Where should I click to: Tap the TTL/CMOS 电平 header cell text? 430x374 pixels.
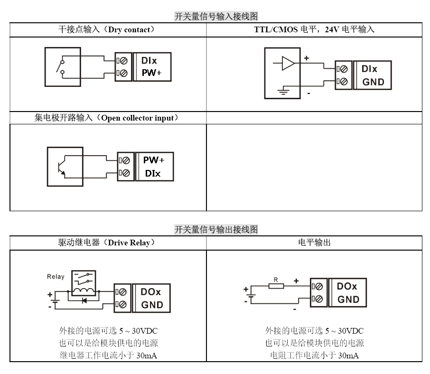(x=314, y=29)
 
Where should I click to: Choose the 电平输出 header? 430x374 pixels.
(x=314, y=243)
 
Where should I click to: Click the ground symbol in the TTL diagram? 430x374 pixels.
(x=283, y=91)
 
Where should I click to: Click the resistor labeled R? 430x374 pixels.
(x=276, y=286)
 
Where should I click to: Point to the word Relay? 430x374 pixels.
(x=56, y=277)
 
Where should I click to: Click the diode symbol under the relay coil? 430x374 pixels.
(x=84, y=300)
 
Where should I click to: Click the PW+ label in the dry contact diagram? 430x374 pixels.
(x=152, y=74)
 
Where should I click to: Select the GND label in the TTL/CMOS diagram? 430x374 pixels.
(x=373, y=82)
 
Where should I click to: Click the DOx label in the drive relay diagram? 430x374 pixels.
(x=151, y=292)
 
